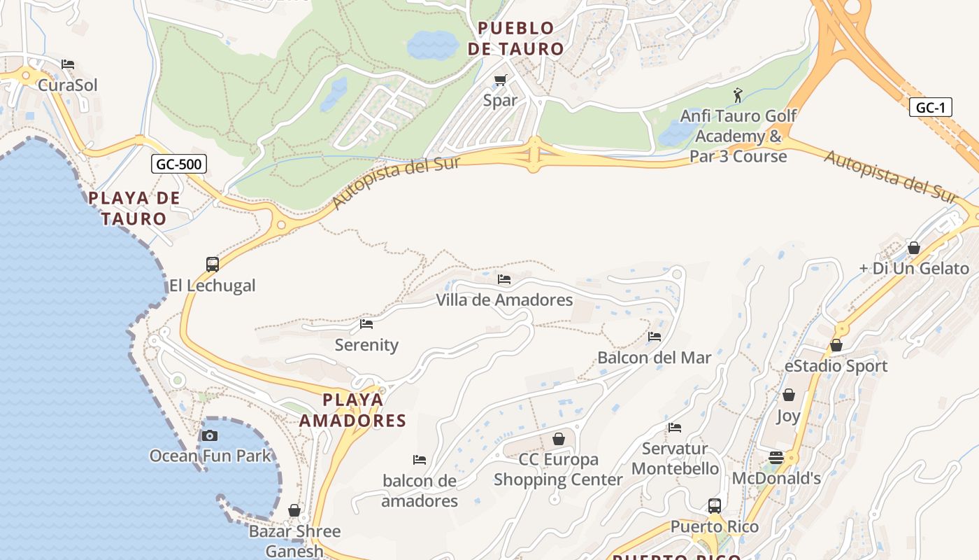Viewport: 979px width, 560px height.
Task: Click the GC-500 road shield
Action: click(179, 164)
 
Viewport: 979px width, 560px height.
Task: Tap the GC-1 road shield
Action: click(930, 107)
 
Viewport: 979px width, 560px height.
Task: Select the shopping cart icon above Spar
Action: click(500, 80)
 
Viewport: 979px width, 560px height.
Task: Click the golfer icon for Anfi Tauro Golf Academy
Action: click(738, 94)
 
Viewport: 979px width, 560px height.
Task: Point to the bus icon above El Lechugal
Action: click(213, 264)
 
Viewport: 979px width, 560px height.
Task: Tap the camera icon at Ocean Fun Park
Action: click(209, 435)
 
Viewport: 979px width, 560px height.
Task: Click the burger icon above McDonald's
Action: click(776, 458)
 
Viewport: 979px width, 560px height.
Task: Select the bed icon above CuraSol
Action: click(68, 64)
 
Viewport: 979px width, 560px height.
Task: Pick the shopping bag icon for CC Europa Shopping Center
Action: click(558, 439)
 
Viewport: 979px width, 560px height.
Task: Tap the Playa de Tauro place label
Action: click(134, 208)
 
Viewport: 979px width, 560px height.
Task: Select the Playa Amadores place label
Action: click(352, 410)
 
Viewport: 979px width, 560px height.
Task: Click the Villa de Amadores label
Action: click(504, 300)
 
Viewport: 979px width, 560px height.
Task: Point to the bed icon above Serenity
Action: click(366, 324)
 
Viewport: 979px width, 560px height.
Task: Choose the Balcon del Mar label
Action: click(654, 358)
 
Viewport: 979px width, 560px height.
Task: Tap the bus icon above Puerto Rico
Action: click(714, 505)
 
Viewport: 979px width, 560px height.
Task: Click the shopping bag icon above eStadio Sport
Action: click(836, 345)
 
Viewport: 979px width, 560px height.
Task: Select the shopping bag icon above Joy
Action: click(788, 395)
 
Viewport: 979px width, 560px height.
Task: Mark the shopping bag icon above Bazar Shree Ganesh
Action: click(294, 510)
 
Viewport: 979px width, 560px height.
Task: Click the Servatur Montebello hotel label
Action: click(675, 458)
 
